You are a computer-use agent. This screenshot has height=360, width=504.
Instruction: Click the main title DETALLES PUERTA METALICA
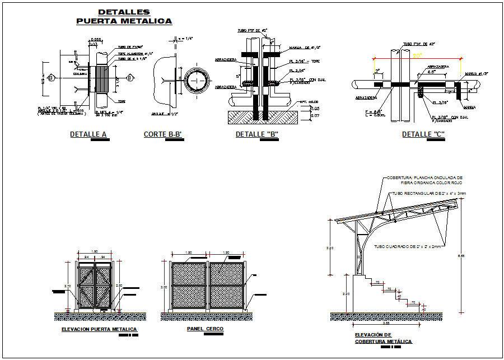(124, 16)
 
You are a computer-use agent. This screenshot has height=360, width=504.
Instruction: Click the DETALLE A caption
(88, 134)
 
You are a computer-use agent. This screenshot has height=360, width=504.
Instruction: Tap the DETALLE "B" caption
(257, 134)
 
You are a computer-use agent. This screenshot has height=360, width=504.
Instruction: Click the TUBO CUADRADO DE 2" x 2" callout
(408, 246)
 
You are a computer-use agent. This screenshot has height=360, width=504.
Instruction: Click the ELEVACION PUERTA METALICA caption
(99, 329)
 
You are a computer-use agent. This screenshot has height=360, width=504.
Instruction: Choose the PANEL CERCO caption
(205, 329)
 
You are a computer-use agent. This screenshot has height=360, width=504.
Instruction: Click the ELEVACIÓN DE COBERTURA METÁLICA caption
(384, 338)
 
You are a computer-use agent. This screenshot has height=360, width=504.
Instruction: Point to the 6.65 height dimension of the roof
(461, 256)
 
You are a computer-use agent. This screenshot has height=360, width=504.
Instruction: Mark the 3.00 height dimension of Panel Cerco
(164, 287)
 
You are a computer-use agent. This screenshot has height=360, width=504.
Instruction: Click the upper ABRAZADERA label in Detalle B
(226, 59)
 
